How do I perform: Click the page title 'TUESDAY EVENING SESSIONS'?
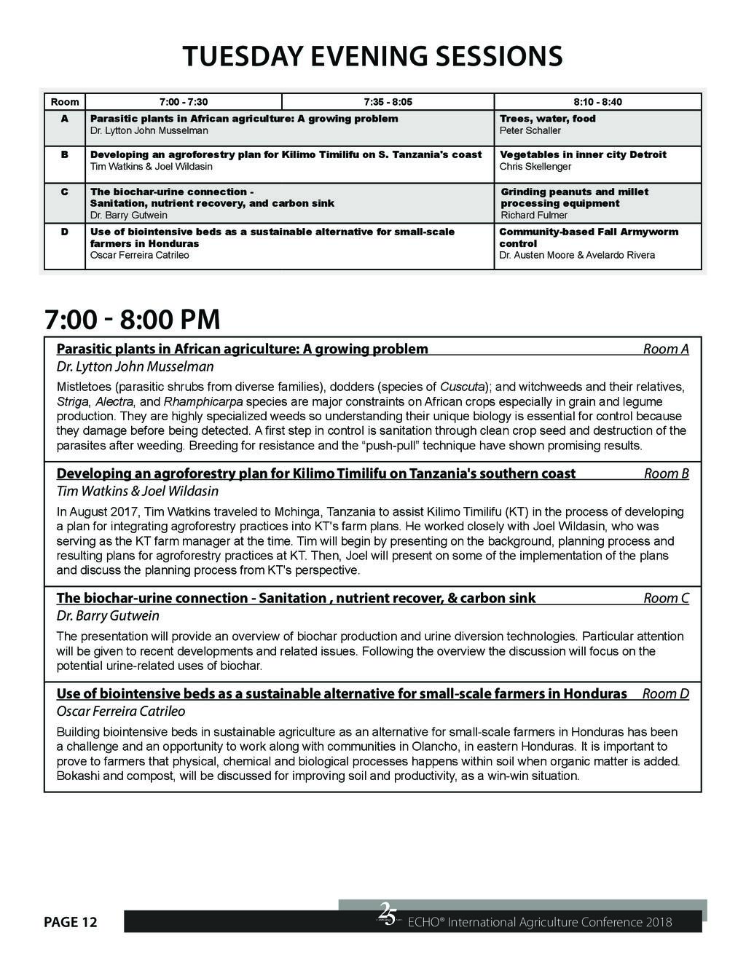[x=372, y=56]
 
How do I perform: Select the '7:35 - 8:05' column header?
[x=388, y=102]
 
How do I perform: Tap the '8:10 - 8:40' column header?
[x=597, y=102]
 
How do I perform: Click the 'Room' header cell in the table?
[x=65, y=102]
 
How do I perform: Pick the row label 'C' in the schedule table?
[x=65, y=192]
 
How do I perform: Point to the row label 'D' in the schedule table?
[x=65, y=232]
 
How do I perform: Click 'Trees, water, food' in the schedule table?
[x=547, y=119]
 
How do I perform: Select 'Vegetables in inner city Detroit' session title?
[x=583, y=154]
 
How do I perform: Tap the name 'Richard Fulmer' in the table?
[x=534, y=216]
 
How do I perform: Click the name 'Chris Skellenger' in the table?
[x=535, y=167]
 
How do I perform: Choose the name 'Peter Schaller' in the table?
[x=530, y=131]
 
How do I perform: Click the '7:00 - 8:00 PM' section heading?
[x=132, y=319]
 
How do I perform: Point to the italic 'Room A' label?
[x=666, y=349]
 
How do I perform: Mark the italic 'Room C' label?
[x=666, y=598]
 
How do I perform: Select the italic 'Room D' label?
[x=665, y=693]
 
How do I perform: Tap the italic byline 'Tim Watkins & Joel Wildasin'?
[x=138, y=492]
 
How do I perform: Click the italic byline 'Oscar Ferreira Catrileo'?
[x=121, y=712]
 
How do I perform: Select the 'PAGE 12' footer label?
[x=70, y=923]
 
